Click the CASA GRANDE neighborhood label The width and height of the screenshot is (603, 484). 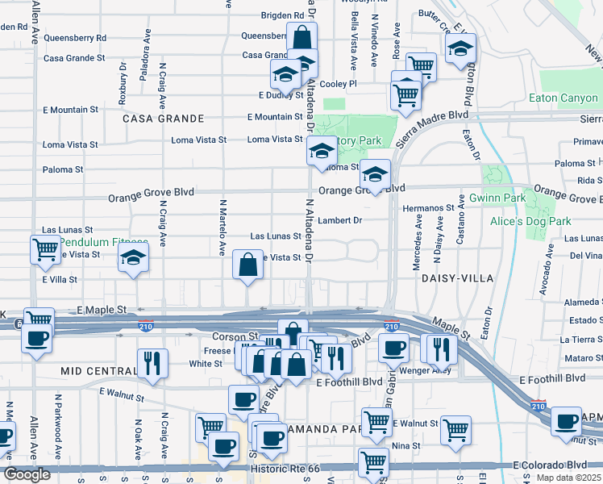(x=164, y=118)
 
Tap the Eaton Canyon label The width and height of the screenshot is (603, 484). (x=563, y=98)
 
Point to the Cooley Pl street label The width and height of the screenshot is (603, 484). (x=338, y=84)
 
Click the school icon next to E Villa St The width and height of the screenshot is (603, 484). (x=133, y=260)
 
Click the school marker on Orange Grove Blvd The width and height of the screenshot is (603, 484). (x=375, y=173)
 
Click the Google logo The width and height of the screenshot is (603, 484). (x=27, y=474)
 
